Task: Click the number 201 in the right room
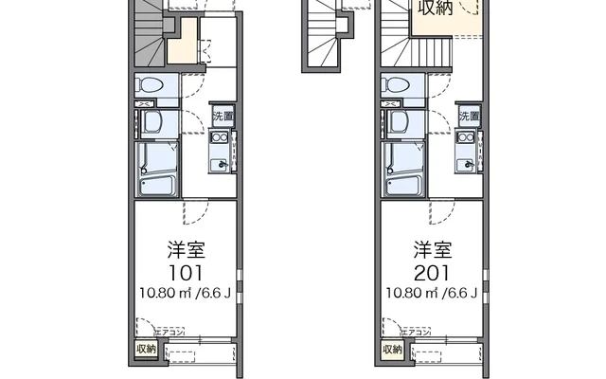point(431,270)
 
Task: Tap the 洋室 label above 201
point(431,250)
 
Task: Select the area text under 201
point(431,290)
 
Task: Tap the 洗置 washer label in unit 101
point(221,117)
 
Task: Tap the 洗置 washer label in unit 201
point(468,117)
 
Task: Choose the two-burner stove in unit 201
point(467,141)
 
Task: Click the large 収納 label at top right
point(437,9)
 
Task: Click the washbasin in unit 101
point(152,121)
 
